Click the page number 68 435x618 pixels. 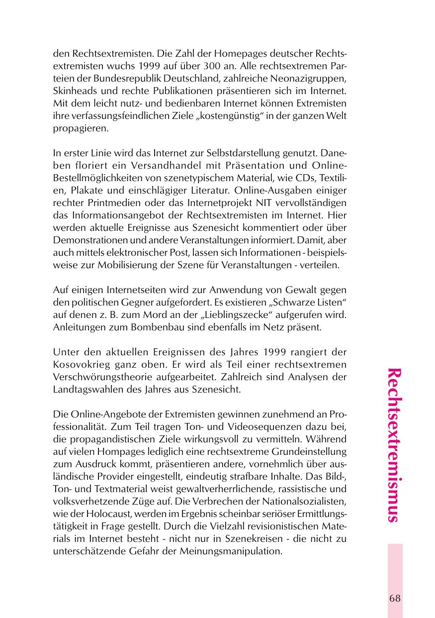click(395, 598)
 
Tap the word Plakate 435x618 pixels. click(84, 191)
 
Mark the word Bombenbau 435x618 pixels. click(144, 327)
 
